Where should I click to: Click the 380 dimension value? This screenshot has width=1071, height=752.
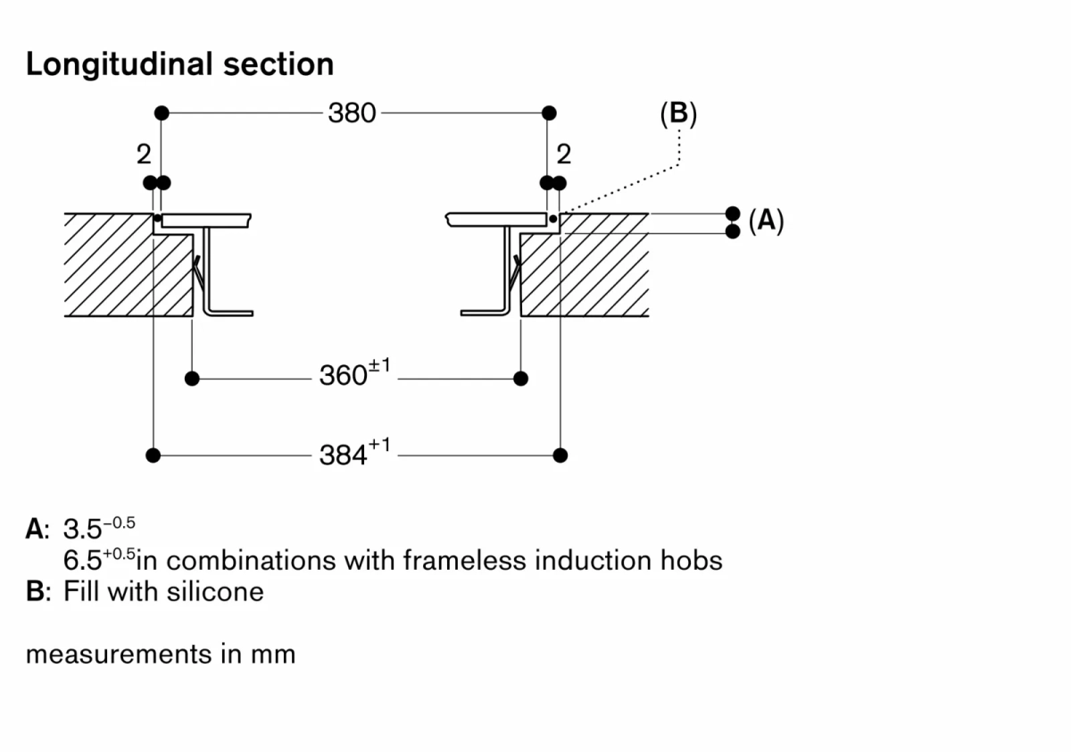click(x=353, y=113)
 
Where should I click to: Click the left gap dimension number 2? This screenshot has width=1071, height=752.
click(x=143, y=155)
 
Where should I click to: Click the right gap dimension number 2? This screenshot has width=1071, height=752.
click(x=562, y=155)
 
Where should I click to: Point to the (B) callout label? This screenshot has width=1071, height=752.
click(x=677, y=113)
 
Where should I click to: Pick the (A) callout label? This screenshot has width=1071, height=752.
click(x=766, y=221)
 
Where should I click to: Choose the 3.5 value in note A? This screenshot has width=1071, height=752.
click(x=83, y=529)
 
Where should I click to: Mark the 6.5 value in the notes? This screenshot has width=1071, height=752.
click(x=83, y=561)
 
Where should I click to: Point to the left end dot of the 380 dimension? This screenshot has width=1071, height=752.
click(x=162, y=113)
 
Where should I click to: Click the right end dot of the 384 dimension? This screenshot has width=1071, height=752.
click(x=560, y=455)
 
